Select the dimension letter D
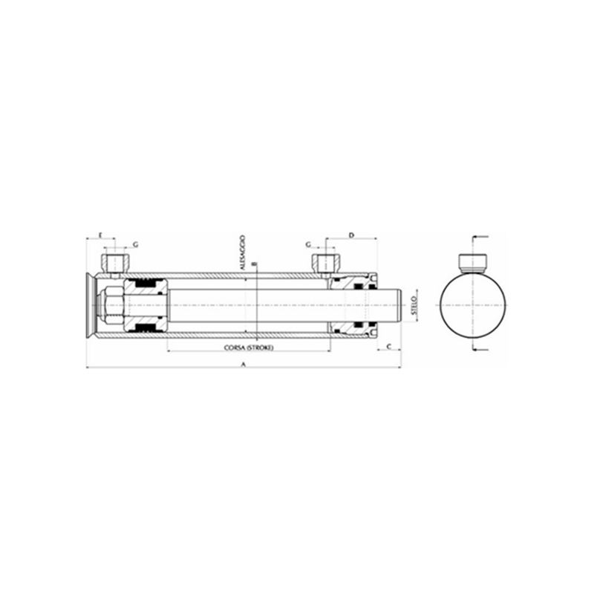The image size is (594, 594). [352, 235]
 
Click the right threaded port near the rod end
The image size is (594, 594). [325, 262]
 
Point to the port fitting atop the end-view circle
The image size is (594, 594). [474, 262]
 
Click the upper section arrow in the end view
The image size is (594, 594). [480, 238]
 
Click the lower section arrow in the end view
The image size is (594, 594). [480, 349]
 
